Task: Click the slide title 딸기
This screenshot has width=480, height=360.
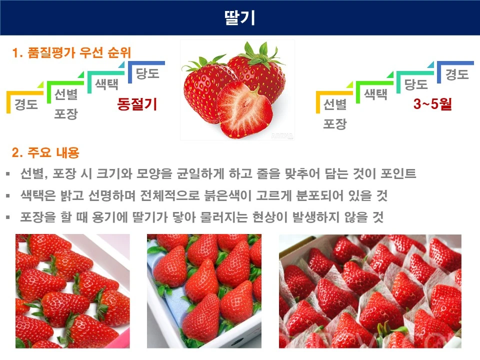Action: pos(240,17)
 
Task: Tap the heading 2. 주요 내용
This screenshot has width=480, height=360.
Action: pos(45,151)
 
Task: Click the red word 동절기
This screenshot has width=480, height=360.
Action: pos(137,104)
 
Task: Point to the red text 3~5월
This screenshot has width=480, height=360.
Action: pos(432,104)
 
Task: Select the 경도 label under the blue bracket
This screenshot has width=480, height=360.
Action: pos(457,75)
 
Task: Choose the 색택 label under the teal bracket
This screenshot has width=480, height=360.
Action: pos(106,83)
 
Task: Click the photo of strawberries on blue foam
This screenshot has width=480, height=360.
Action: pos(204,291)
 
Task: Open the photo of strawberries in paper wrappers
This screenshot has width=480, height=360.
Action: pos(370,291)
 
